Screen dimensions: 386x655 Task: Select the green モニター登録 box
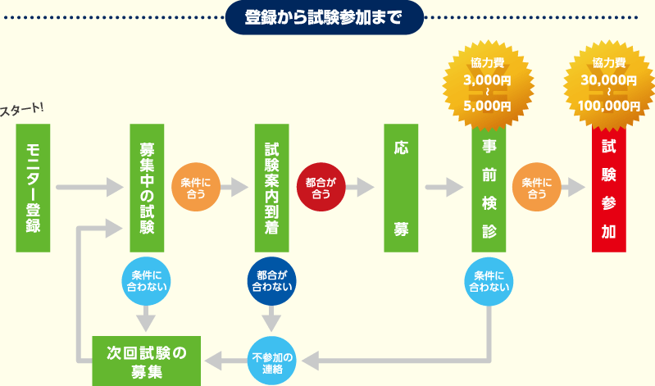(x=34, y=188)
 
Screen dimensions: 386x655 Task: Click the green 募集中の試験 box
(x=148, y=188)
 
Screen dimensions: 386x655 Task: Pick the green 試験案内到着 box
(x=272, y=188)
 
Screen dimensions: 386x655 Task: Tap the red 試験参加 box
(x=609, y=193)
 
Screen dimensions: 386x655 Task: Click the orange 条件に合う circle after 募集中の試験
(x=195, y=188)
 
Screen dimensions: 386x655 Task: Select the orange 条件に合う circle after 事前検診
(x=536, y=188)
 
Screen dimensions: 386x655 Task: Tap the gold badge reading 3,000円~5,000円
(x=488, y=82)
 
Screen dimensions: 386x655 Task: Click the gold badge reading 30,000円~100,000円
(x=609, y=82)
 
